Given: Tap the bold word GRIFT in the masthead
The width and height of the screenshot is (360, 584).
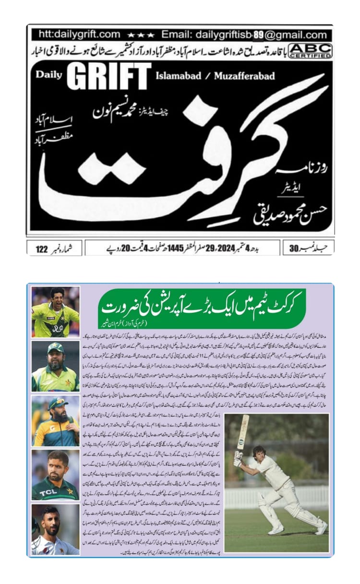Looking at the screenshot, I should (109, 76).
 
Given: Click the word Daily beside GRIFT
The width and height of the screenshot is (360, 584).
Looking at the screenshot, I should (49, 75).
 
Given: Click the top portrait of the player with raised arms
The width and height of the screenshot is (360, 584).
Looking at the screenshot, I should (55, 312).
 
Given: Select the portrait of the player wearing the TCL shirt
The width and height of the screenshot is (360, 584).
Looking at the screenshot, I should (55, 475).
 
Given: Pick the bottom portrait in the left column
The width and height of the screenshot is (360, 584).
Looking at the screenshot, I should (55, 529).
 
